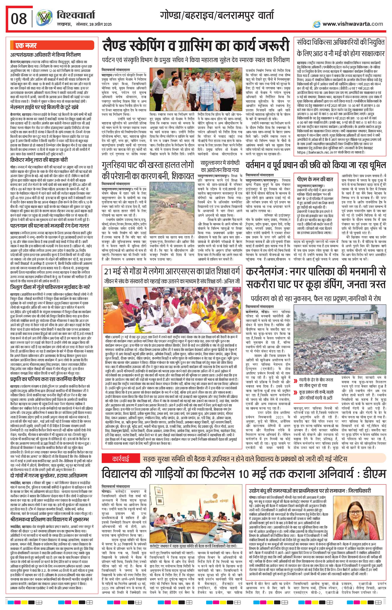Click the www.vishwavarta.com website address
click(x=353, y=24)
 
